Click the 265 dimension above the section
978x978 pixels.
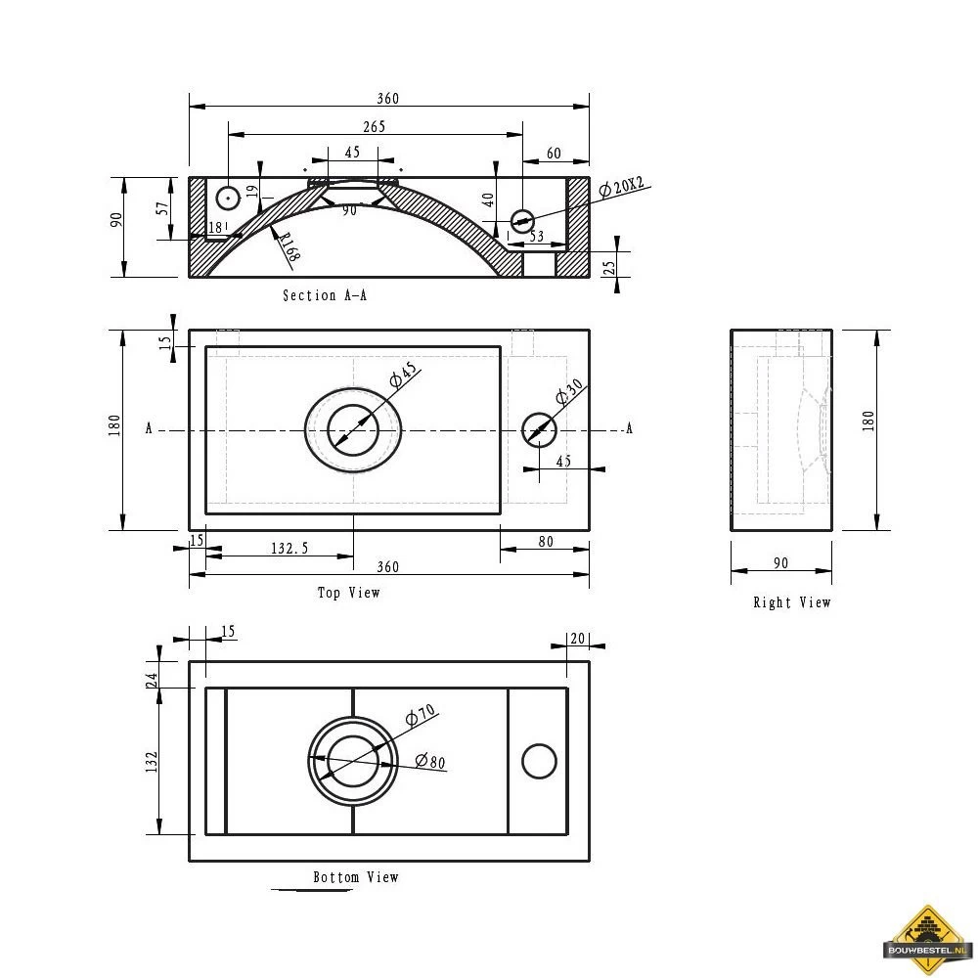(374, 126)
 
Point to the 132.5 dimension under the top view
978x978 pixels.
(290, 549)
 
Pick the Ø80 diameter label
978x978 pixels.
(430, 761)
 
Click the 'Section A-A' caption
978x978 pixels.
(325, 295)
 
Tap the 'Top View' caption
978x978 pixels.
(348, 593)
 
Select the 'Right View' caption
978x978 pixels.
(791, 602)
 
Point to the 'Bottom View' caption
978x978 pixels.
(356, 877)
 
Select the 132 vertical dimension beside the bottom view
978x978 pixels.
(152, 762)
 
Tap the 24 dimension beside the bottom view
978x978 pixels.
(152, 681)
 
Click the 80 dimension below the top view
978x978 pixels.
(546, 541)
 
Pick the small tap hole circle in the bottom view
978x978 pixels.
(539, 761)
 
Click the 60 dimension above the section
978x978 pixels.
(554, 153)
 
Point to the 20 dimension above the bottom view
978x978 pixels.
(577, 638)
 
